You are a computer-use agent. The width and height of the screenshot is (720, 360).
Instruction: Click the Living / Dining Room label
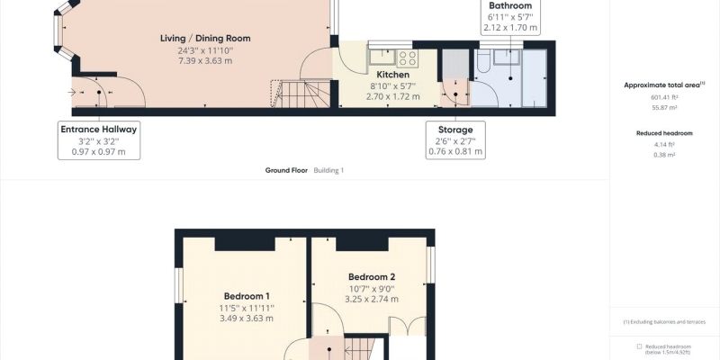point(205,38)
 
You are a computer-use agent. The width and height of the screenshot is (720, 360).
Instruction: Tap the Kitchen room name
point(392,75)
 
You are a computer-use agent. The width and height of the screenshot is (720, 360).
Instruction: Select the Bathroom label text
point(510,6)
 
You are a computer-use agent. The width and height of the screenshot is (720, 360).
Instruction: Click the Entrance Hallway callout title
point(99,130)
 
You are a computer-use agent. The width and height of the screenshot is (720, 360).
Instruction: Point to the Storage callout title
point(455,130)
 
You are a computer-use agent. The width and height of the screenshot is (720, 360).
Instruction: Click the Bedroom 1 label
point(247,296)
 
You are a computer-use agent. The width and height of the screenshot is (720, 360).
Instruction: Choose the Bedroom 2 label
point(372,277)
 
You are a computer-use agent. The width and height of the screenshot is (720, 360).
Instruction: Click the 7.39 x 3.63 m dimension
point(205,60)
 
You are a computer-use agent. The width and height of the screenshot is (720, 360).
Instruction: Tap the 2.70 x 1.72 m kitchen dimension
point(392,96)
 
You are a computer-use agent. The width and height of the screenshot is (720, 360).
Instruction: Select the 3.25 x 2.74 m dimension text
point(372,299)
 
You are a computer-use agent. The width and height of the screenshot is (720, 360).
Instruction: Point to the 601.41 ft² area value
point(664,97)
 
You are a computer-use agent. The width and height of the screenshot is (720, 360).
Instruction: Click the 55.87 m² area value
point(664,107)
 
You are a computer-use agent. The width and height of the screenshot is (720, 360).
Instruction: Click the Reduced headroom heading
point(664,133)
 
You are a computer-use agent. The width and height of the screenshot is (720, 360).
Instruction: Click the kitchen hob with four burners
point(408,58)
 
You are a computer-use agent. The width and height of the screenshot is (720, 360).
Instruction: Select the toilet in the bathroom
point(484,61)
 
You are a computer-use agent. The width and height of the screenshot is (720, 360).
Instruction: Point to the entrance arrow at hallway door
point(72,93)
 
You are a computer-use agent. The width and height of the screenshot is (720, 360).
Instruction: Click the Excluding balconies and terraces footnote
point(664,322)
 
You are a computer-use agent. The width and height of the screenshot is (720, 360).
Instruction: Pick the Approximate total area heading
point(664,85)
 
